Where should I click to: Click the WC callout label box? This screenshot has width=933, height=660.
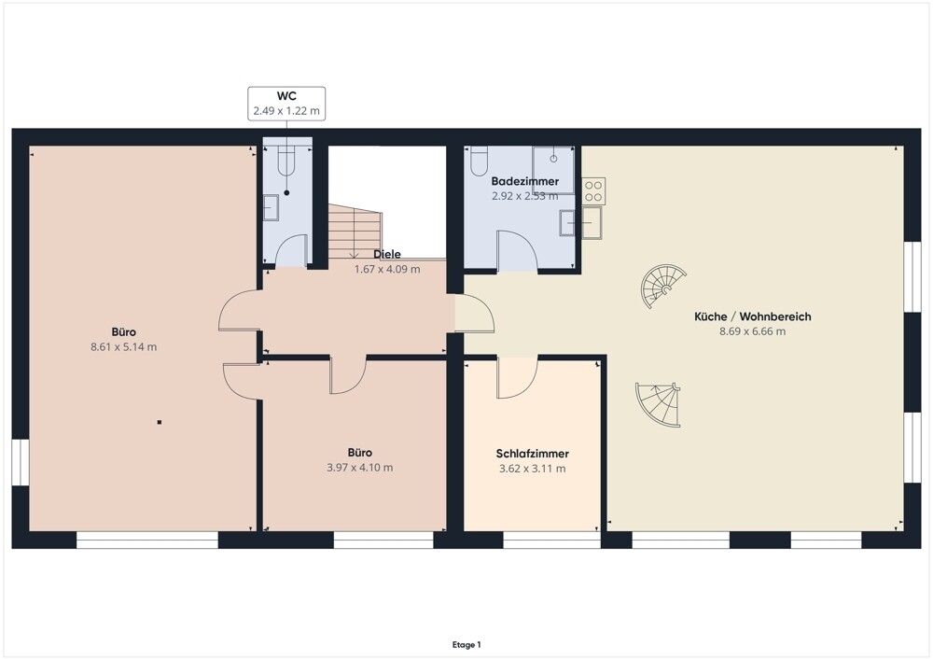(x=286, y=104)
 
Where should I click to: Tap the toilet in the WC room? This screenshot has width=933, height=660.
(x=286, y=161)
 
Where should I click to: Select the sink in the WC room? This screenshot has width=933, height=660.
(x=271, y=207)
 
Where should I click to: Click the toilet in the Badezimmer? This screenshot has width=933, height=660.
(x=479, y=161)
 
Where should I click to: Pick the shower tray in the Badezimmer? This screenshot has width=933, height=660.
(x=553, y=170)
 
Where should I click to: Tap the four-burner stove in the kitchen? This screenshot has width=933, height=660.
(x=593, y=191)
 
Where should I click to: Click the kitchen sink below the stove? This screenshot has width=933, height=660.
(x=592, y=222)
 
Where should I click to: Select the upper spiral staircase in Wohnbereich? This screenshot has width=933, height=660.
(x=662, y=287)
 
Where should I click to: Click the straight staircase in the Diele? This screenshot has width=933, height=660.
(x=355, y=232)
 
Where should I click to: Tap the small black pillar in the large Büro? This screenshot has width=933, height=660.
(x=160, y=423)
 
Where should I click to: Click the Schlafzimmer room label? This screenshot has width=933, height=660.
(x=533, y=454)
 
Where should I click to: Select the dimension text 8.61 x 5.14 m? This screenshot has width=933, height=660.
(x=124, y=347)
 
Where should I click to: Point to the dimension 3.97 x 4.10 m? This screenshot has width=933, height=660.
(x=360, y=468)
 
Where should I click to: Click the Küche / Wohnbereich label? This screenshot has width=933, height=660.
(x=753, y=316)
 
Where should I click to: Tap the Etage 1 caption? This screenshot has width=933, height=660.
(x=466, y=644)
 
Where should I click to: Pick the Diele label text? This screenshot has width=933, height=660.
(x=387, y=254)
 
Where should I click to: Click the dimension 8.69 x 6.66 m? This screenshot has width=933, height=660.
(x=753, y=331)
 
